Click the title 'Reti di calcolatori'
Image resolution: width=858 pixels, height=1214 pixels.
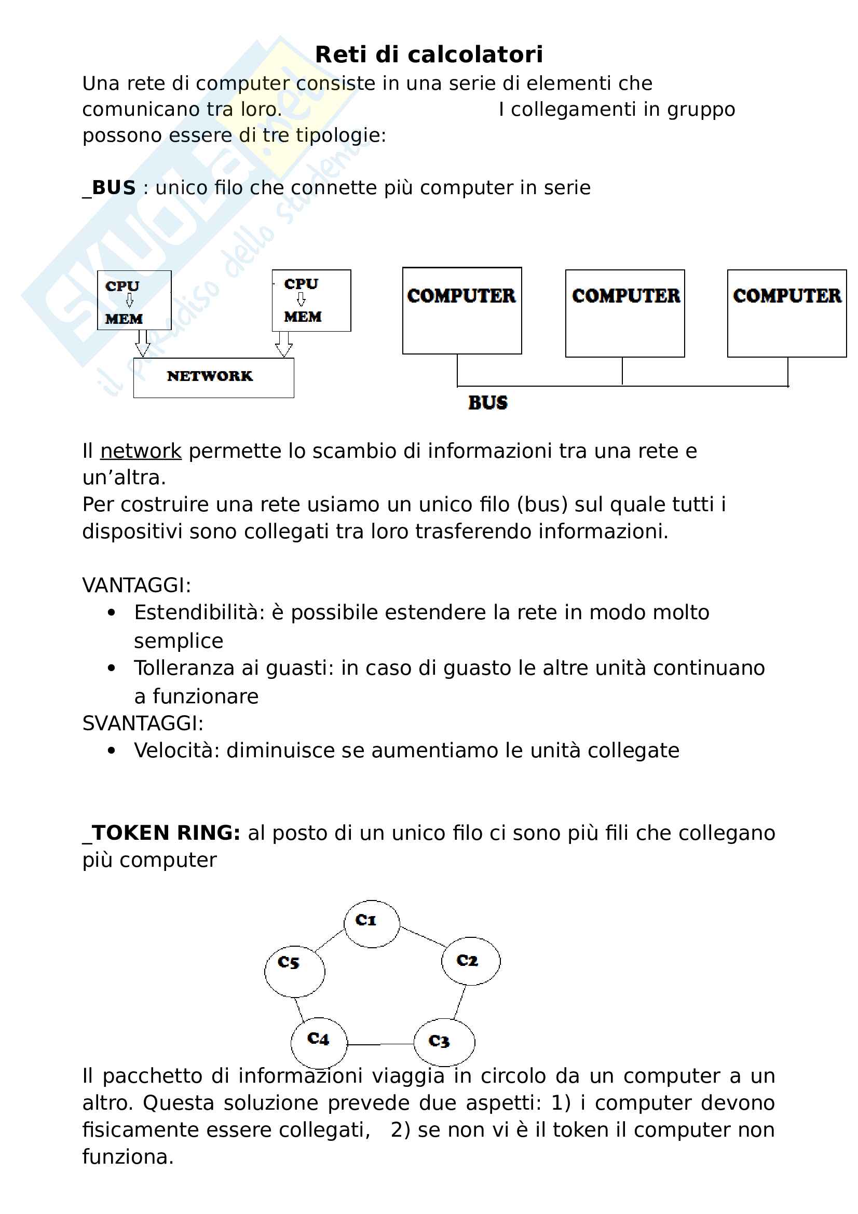click(429, 54)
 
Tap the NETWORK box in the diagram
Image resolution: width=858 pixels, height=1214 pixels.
click(213, 377)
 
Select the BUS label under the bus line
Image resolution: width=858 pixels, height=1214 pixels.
click(487, 403)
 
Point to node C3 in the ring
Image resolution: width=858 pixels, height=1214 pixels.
click(444, 1042)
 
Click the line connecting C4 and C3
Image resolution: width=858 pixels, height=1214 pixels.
click(380, 1044)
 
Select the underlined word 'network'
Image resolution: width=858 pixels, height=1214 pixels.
click(141, 451)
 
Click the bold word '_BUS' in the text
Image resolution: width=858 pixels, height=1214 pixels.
click(110, 188)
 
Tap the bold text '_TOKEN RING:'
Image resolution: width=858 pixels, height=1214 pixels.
click(161, 833)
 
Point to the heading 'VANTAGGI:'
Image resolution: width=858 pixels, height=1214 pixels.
click(137, 585)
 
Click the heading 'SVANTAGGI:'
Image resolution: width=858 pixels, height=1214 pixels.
click(143, 724)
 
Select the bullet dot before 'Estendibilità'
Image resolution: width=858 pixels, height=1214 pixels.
click(111, 613)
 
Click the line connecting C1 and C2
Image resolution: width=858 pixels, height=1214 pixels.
click(424, 936)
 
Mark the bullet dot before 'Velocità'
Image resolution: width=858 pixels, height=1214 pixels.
click(111, 751)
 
